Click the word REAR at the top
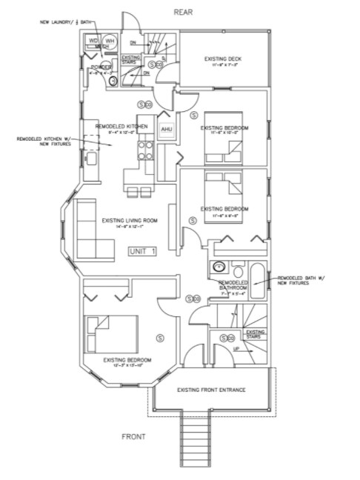(x=182, y=13)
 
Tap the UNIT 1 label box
(x=143, y=251)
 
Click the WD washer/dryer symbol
(x=94, y=41)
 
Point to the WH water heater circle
(x=110, y=41)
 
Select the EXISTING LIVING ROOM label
(x=130, y=220)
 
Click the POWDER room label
(x=101, y=67)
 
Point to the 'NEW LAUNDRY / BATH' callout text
(x=73, y=22)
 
